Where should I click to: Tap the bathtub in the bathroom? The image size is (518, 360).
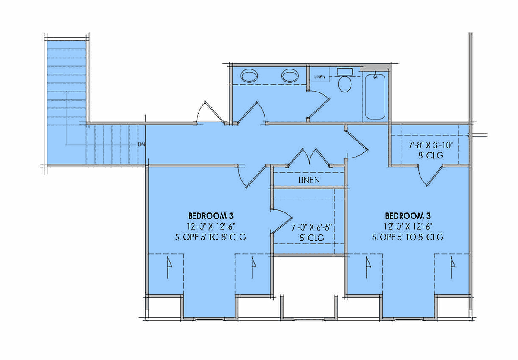(x=375, y=96)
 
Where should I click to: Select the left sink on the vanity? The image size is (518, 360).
(x=249, y=76)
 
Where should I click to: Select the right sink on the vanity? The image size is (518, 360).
(x=290, y=76)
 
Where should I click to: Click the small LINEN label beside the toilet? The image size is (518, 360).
(x=319, y=77)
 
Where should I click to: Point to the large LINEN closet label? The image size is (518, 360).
(x=309, y=180)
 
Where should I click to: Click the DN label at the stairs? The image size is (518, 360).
(x=142, y=145)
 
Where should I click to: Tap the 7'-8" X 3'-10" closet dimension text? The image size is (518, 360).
(x=431, y=145)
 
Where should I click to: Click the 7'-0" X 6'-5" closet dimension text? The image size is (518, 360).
(x=312, y=227)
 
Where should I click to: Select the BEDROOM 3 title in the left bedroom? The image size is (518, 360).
(x=211, y=216)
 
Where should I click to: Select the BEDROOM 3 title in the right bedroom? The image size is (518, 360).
(x=407, y=216)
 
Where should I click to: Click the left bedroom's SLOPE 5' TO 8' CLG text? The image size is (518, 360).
(x=211, y=237)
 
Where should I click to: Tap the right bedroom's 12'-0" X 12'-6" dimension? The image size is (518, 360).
(x=407, y=226)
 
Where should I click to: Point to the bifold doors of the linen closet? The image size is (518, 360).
(x=309, y=157)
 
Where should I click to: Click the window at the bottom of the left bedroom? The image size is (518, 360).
(x=209, y=319)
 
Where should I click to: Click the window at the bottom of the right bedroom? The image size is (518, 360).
(x=408, y=319)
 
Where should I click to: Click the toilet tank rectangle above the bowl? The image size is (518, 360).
(x=344, y=72)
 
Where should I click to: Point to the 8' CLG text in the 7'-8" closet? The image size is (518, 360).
(x=431, y=155)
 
